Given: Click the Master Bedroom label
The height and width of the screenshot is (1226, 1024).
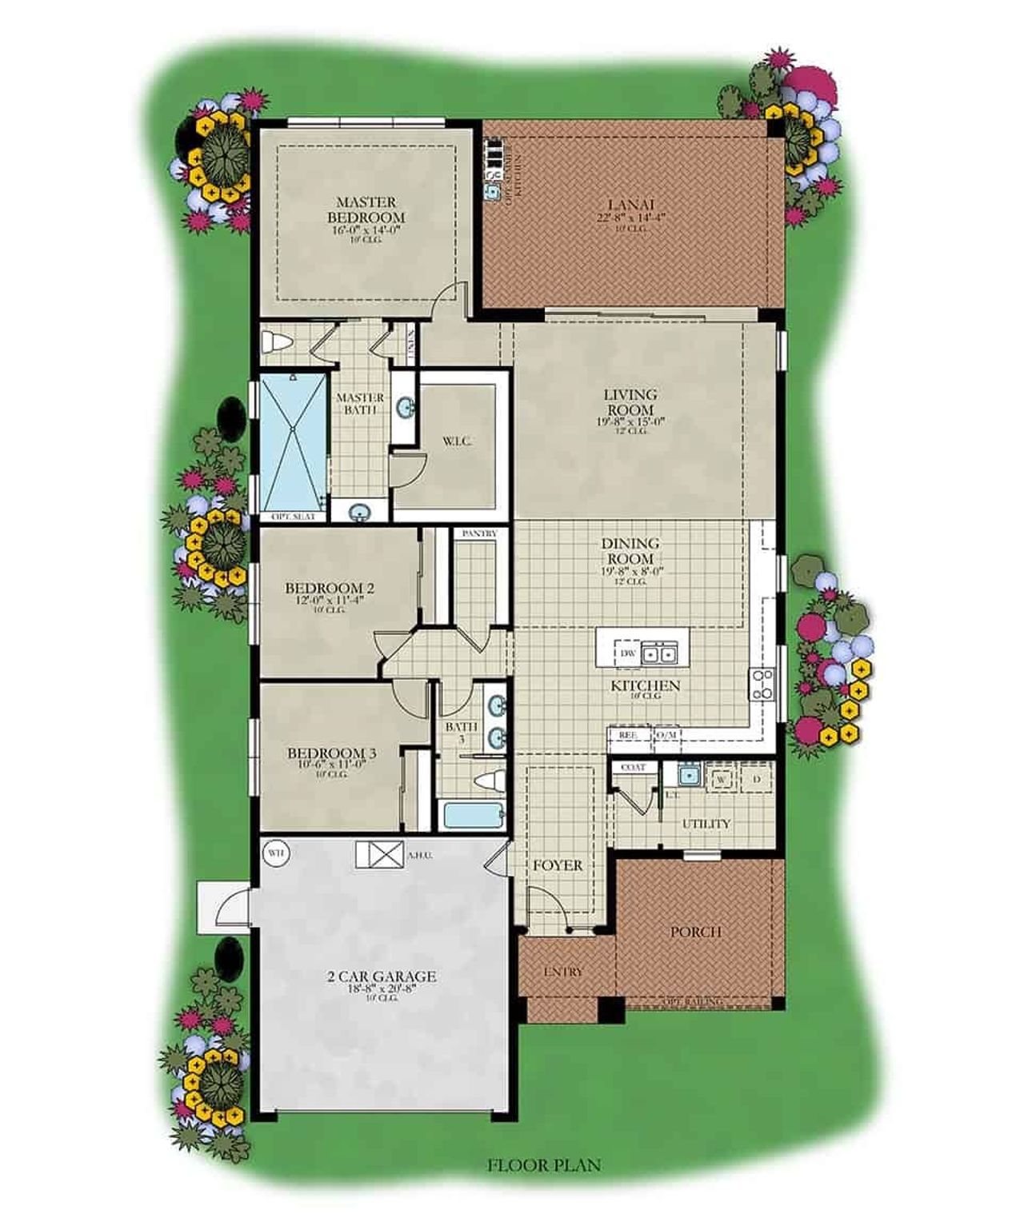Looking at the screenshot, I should (x=366, y=210).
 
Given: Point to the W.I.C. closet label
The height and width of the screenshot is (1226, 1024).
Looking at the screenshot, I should (x=457, y=441).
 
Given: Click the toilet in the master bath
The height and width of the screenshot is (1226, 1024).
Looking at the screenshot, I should (x=277, y=342).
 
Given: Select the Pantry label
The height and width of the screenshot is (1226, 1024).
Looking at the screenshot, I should (x=479, y=533).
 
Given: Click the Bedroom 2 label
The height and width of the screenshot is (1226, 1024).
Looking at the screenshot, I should (x=330, y=589).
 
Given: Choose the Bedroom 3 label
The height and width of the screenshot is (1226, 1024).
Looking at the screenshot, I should (x=331, y=753).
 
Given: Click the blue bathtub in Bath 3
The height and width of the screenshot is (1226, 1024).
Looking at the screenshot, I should (x=471, y=817).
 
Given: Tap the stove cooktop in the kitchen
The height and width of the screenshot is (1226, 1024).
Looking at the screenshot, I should (x=761, y=685).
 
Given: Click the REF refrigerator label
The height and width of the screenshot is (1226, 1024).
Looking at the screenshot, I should (x=629, y=734).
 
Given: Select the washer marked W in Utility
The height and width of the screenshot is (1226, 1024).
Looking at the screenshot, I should (x=721, y=778).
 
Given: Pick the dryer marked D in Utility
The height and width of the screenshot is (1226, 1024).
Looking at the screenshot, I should (x=757, y=778).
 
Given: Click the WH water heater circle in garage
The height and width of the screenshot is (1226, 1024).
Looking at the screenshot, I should (x=275, y=853).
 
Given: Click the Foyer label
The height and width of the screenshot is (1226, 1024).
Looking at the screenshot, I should (x=558, y=865).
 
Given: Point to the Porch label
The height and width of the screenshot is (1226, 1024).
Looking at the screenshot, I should (x=695, y=932).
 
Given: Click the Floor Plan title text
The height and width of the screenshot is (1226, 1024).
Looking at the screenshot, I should (x=543, y=1165).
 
